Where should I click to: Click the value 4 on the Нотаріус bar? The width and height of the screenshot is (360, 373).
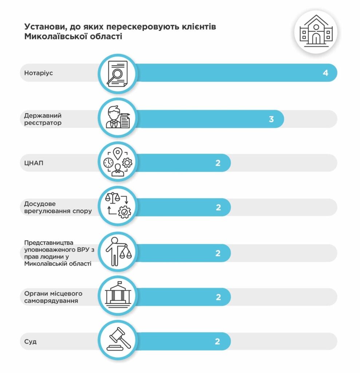coord(325,73)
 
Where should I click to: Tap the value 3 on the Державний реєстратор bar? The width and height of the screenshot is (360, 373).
coord(271,119)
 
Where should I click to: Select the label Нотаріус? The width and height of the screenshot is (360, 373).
coord(39,73)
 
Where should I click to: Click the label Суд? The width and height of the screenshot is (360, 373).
coord(30,342)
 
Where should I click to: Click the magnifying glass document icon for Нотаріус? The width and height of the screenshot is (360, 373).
coord(117,73)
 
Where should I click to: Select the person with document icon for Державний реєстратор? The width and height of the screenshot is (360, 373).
coord(117,118)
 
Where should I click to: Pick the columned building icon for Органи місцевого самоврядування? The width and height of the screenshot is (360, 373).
coord(117,294)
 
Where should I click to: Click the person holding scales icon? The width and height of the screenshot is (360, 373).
coord(117,251)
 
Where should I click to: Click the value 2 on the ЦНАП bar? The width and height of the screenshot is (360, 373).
coord(218,163)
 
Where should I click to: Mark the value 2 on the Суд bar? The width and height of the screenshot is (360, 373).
coord(218,342)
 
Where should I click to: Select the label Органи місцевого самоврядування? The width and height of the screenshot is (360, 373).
coord(53,297)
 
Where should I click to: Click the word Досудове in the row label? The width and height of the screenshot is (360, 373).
coord(40,204)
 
